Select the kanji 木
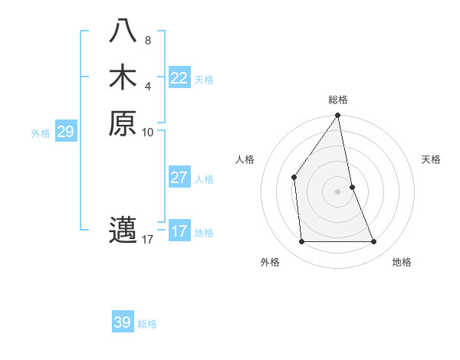point(123,78)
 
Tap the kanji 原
point(123,123)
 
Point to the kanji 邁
point(123,231)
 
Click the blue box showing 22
point(179,78)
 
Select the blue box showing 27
point(179,178)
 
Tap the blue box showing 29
point(66,132)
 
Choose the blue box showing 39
point(123,322)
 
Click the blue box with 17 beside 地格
point(179,231)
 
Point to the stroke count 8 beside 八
point(147,41)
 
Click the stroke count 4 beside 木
point(147,86)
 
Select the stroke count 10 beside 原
point(148,132)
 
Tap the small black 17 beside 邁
point(148,240)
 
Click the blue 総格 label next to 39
point(147,324)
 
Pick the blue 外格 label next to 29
point(41,133)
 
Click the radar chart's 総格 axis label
point(338,100)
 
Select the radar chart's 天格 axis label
point(431,159)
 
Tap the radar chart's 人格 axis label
point(245,159)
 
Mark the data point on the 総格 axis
point(337,116)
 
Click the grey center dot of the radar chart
point(337,191)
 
